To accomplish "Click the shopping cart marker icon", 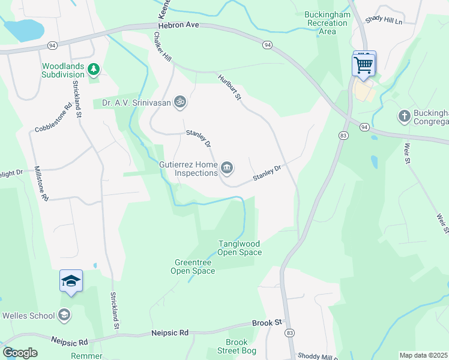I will click(364, 64).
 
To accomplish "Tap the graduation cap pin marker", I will click(71, 281).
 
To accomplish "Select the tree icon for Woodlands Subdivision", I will click(93, 70).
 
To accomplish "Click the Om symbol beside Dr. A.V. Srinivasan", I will click(179, 103).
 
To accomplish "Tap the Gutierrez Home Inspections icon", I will click(227, 168).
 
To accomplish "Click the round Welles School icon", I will click(64, 315).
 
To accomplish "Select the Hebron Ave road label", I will click(178, 26).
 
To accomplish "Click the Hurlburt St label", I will click(229, 87).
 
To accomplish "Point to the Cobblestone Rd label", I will click(53, 121).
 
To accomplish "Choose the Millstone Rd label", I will click(41, 183).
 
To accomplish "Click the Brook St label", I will click(267, 323).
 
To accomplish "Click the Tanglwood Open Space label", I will click(240, 248).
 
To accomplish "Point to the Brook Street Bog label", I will click(237, 346).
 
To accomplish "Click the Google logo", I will click(20, 353).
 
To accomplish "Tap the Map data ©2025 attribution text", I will click(423, 355).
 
